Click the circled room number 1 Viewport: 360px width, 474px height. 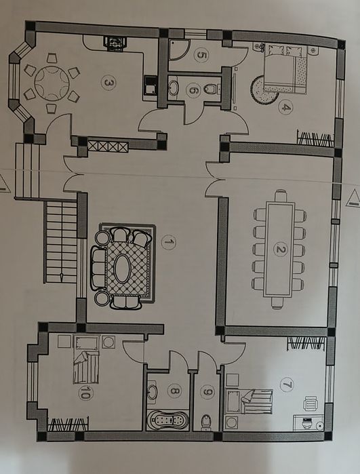coord(168,242)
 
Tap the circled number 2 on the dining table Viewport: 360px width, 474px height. coord(281,250)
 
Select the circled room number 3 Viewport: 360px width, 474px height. coord(108,83)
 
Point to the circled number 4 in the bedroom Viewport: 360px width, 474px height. coord(285,106)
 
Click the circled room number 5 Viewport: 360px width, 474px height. coord(201,55)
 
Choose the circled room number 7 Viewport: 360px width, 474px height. coord(287,384)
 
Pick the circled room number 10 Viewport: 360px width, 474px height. coord(85,393)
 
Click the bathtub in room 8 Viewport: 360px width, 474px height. coord(167,420)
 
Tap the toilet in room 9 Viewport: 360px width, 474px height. coord(207,421)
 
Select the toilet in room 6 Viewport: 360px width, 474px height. coord(212,89)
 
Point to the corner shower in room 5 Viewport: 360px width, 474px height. coord(178,50)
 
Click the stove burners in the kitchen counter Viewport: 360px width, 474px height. coord(114,42)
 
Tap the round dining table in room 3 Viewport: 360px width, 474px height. coord(52,83)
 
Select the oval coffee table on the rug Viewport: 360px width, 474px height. coord(123,269)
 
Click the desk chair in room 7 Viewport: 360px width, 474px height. coord(311,403)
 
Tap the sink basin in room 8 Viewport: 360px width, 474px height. coord(153,392)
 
